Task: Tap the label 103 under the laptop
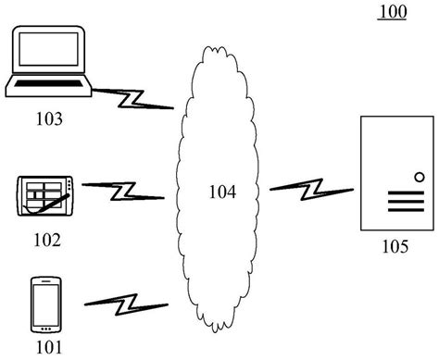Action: (50, 118)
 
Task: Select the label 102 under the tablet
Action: (46, 240)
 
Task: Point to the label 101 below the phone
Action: (48, 347)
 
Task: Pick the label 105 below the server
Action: (395, 247)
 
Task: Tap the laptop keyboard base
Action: (48, 88)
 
